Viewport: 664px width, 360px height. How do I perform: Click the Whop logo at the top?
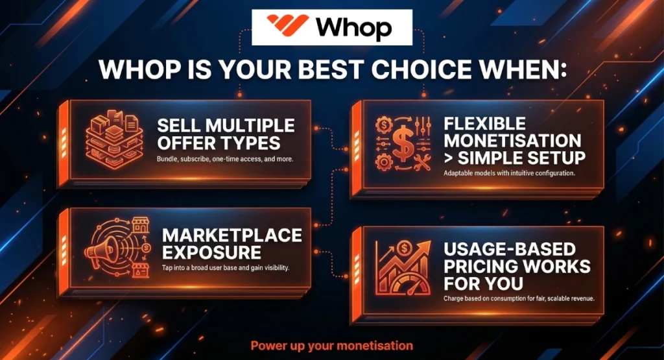click(x=331, y=28)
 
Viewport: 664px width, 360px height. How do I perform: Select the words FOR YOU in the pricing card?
click(x=476, y=283)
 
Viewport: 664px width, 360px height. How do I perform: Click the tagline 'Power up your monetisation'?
click(x=331, y=345)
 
